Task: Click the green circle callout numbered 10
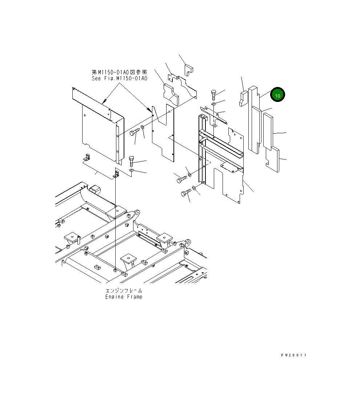(277, 95)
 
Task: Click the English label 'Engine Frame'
(124, 297)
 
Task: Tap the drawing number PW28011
(293, 355)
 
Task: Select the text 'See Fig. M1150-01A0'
(119, 78)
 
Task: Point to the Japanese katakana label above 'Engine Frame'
(124, 291)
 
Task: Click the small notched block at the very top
(189, 69)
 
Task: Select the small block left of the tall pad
(243, 98)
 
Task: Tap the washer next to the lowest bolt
(194, 188)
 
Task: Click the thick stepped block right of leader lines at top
(171, 94)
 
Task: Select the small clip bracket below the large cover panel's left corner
(87, 158)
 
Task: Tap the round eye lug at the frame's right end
(188, 242)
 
